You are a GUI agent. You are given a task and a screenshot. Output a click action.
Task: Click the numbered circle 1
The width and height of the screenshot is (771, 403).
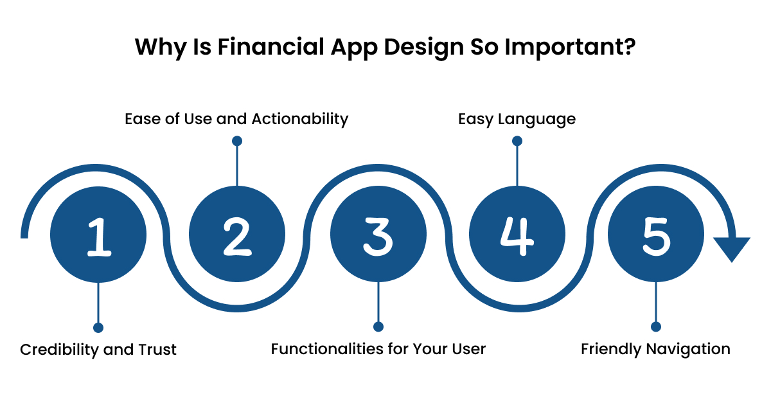[98, 235]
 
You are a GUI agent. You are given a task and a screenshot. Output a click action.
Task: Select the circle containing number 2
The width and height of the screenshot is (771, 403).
[237, 235]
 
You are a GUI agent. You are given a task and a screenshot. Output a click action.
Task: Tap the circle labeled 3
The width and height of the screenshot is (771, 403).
[378, 235]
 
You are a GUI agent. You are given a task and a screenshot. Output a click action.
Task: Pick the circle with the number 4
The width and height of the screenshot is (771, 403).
[517, 235]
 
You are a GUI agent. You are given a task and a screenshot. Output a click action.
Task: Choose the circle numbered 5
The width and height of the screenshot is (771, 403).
[655, 235]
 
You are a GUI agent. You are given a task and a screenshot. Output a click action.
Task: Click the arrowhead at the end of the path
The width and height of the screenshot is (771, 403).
[732, 249]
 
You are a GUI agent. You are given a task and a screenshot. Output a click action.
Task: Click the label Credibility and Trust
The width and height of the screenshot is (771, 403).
[98, 349]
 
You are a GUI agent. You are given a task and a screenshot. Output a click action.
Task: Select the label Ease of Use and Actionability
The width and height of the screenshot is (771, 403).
[236, 119]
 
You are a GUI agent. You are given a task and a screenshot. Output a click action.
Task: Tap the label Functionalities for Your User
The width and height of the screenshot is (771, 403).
[378, 349]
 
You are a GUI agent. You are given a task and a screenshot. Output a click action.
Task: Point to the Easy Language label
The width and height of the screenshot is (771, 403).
[517, 119]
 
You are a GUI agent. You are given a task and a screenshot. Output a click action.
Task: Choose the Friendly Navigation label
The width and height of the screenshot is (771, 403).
[655, 349]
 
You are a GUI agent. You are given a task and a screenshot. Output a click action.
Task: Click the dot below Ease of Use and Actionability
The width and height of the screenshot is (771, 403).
[236, 141]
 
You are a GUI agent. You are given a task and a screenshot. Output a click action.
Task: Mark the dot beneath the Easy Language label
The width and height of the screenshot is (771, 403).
[517, 141]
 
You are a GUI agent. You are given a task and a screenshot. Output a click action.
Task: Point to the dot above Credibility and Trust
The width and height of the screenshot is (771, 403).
[98, 327]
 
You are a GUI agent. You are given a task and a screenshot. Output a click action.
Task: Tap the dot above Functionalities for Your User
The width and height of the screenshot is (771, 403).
[378, 327]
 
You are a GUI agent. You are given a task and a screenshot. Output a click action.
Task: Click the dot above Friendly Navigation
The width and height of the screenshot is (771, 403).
[655, 327]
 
